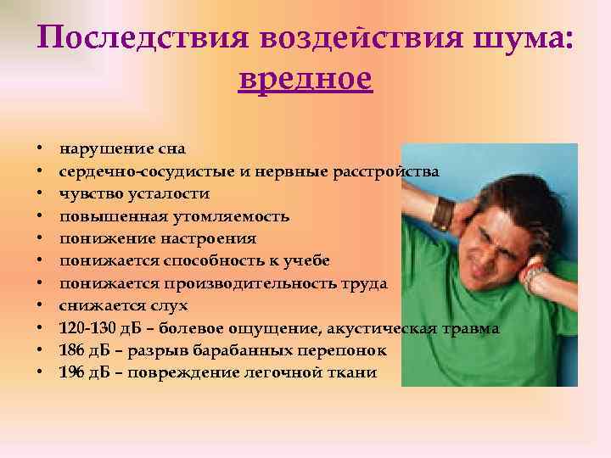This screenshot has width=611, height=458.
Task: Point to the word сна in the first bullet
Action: [170, 149]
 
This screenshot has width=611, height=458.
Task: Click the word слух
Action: [171, 305]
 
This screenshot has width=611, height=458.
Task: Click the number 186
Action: [70, 350]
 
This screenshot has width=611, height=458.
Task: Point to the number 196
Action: [70, 372]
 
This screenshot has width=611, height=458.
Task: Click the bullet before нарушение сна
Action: [40, 150]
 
